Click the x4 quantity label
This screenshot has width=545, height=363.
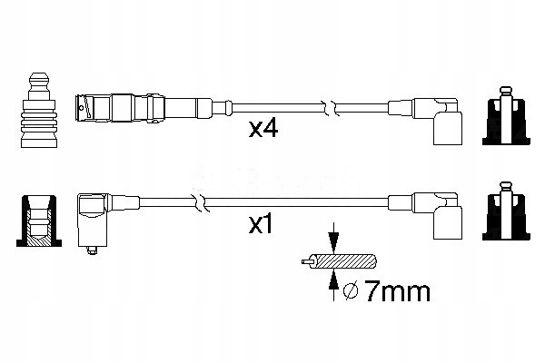tap(263, 130)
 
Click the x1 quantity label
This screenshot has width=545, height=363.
tap(262, 224)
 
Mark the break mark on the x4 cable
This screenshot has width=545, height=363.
tap(335, 108)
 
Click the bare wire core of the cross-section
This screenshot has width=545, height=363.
tap(308, 264)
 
